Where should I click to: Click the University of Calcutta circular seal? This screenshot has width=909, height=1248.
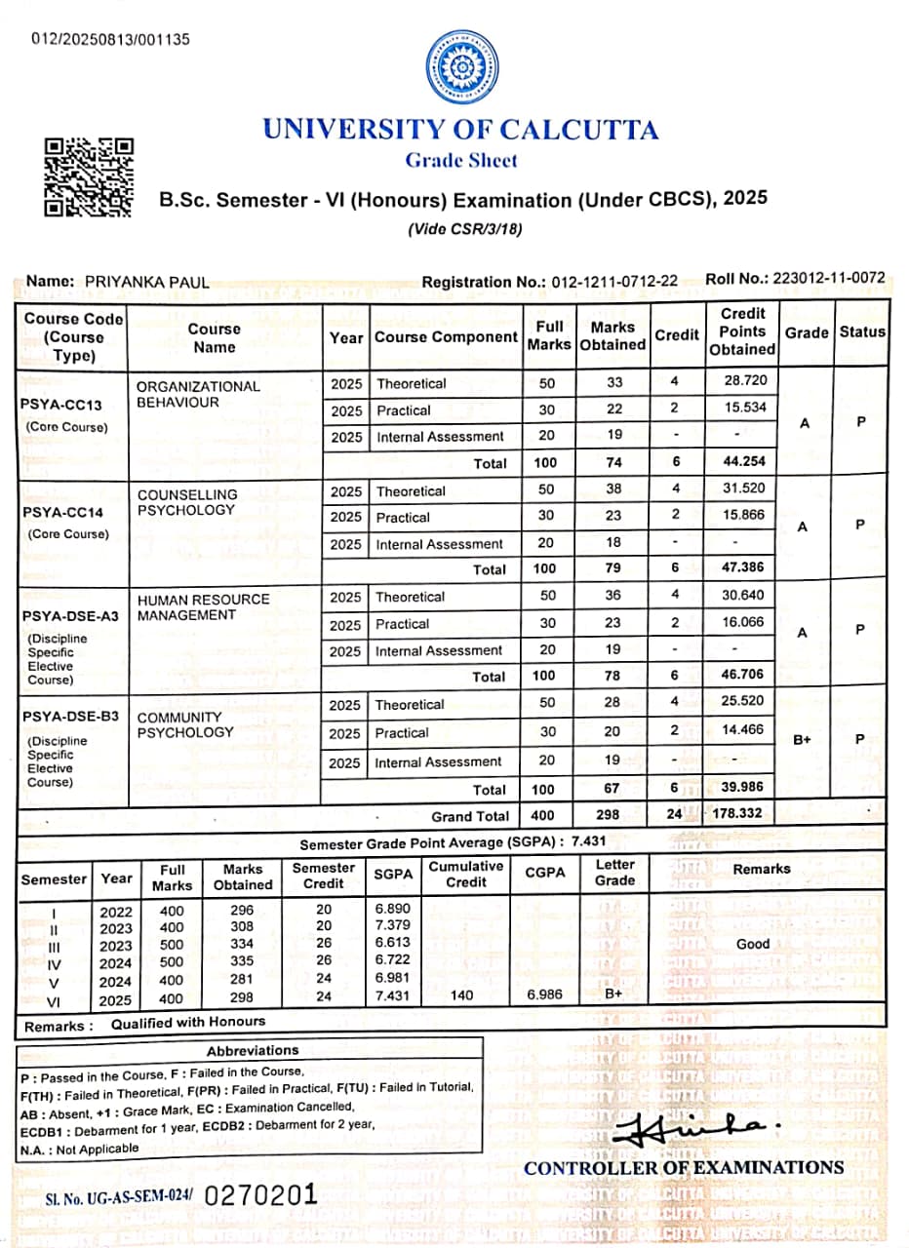click(x=461, y=68)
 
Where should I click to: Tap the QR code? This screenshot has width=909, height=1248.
click(x=90, y=176)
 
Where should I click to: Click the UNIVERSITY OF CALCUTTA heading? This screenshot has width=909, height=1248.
click(x=460, y=130)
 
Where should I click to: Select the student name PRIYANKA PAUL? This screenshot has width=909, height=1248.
click(x=146, y=282)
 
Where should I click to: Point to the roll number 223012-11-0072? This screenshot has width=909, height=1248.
click(x=829, y=278)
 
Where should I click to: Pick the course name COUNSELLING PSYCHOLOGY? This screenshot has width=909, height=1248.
click(x=187, y=502)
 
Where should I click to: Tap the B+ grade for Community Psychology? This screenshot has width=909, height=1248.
click(x=802, y=740)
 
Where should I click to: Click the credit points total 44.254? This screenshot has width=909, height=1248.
click(x=742, y=462)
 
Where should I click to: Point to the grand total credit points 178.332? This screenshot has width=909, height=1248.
click(x=737, y=812)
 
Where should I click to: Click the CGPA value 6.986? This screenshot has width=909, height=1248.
click(x=545, y=994)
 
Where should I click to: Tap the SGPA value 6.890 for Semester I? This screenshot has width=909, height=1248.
click(x=393, y=908)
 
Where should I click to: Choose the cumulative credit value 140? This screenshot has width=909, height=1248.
click(x=465, y=995)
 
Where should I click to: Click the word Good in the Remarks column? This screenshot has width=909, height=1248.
click(x=753, y=944)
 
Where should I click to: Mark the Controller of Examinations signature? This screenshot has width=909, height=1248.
click(x=683, y=1126)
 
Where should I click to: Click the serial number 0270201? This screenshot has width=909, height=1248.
click(x=260, y=1195)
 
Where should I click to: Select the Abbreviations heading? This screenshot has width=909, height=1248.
click(x=253, y=1051)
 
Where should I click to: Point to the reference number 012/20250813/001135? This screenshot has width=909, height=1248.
click(x=111, y=40)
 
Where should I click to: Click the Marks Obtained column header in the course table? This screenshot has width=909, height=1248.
click(x=613, y=336)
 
